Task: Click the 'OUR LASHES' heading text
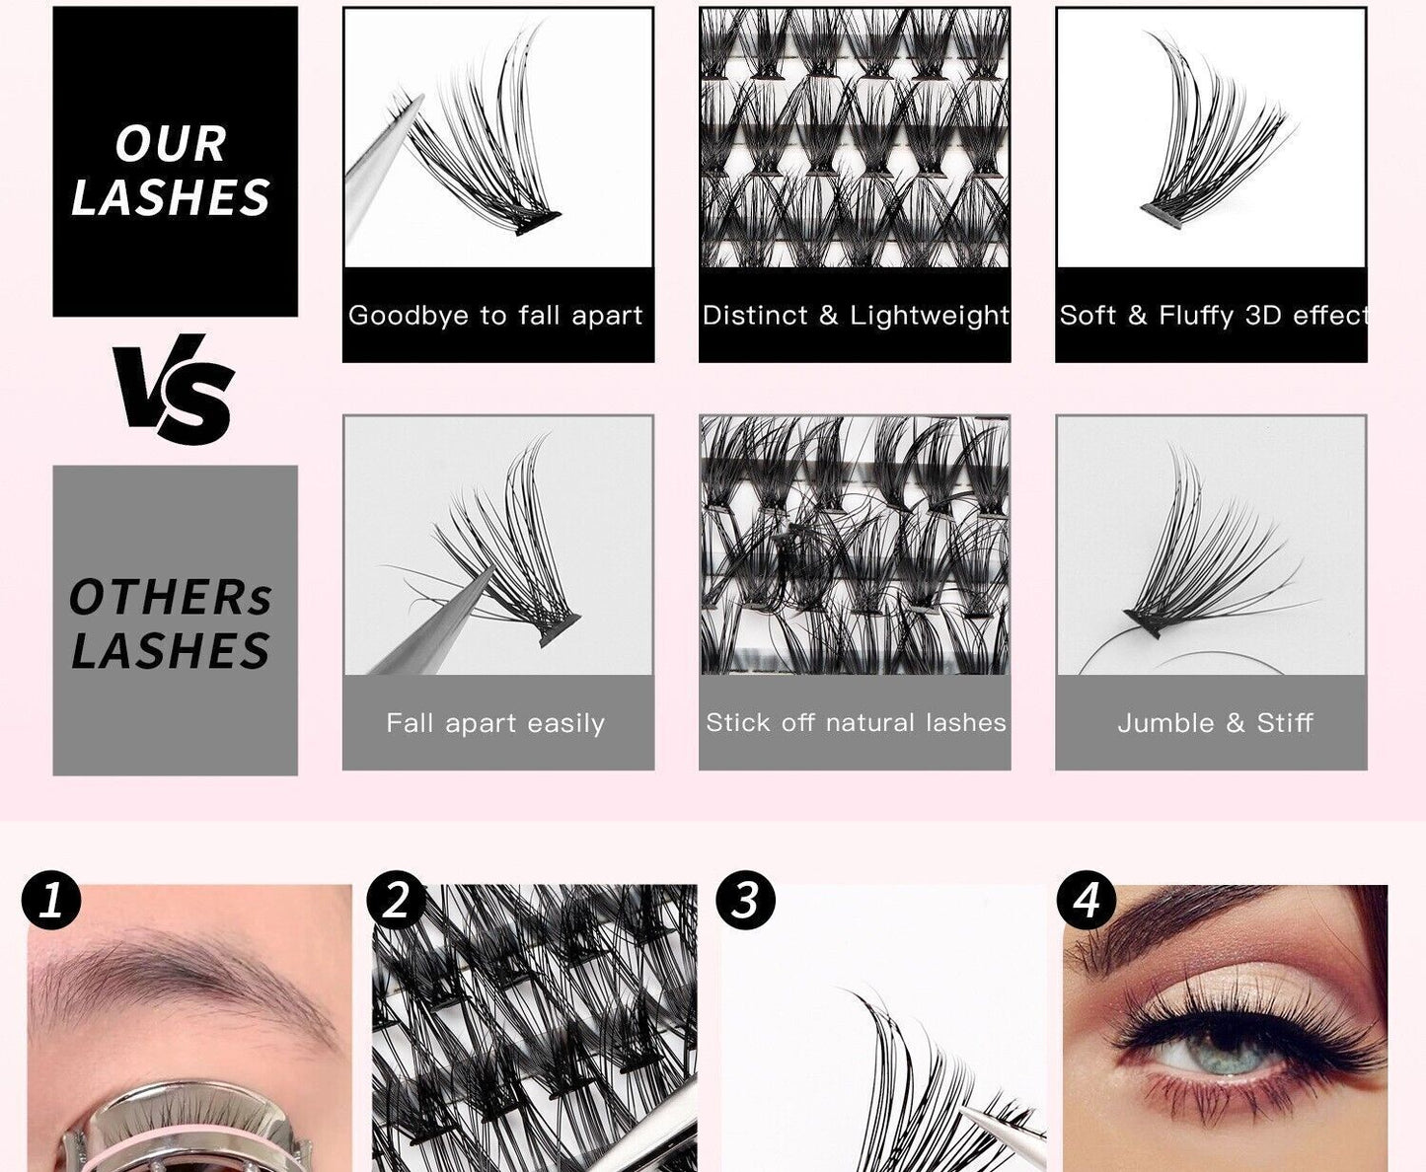[172, 171]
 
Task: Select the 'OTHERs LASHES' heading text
[171, 624]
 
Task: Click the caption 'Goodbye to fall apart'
[495, 316]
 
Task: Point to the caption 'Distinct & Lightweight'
[855, 316]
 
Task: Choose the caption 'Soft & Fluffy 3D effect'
[1212, 316]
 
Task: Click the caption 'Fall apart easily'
[495, 723]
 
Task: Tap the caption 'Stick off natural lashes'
[855, 723]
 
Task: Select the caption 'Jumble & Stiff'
[1214, 723]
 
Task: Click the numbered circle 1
[51, 900]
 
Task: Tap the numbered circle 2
[396, 900]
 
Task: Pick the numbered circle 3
[745, 900]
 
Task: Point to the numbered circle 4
[1086, 900]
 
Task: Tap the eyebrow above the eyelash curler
[188, 972]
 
